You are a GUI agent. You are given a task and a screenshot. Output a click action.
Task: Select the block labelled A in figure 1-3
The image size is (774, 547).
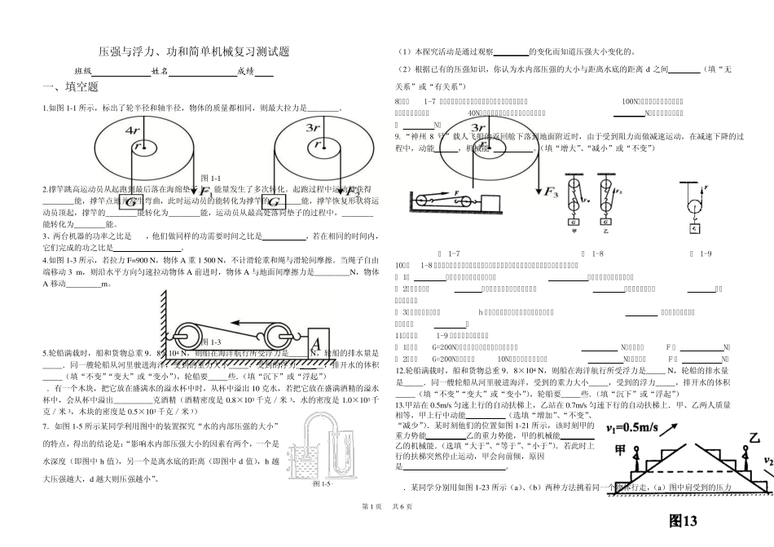click(x=318, y=339)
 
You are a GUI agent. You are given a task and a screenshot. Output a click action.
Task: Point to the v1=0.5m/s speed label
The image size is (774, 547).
click(x=641, y=427)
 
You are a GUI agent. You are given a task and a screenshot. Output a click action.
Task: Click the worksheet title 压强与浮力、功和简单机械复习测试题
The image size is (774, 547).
click(x=193, y=52)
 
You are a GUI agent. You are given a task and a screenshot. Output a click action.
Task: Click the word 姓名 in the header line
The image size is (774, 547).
click(x=160, y=72)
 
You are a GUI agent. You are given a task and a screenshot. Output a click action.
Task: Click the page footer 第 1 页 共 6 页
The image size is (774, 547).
click(x=387, y=530)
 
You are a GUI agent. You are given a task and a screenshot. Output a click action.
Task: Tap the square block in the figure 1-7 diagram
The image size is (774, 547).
click(x=491, y=201)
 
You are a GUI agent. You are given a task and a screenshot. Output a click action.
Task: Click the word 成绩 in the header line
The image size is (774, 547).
click(x=245, y=72)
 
